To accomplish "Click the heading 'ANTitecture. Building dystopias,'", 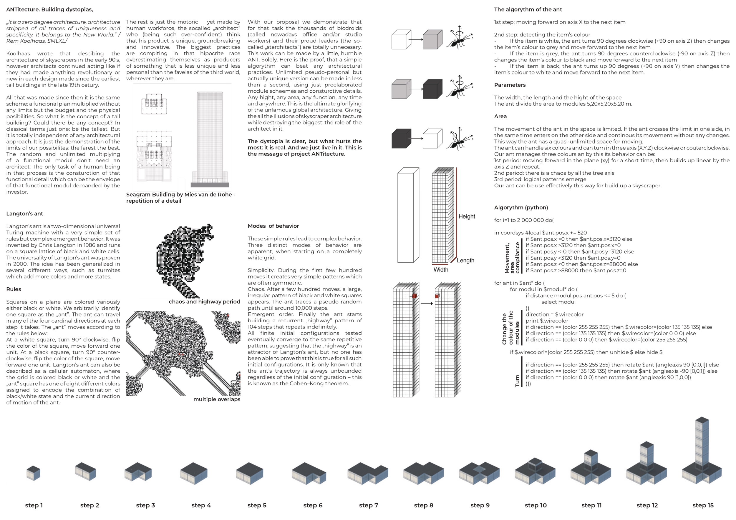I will [x=50, y=10].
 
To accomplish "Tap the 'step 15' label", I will [x=703, y=505].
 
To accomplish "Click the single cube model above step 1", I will [x=33, y=473].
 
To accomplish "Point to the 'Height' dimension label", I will [x=467, y=216].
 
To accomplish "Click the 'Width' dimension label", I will [x=441, y=270].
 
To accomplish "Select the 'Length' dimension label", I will [x=465, y=260].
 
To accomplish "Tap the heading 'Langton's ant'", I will [x=25, y=214].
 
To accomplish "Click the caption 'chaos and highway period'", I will [x=204, y=302].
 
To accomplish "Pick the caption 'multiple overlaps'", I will [x=217, y=399].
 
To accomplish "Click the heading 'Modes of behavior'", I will [x=273, y=226].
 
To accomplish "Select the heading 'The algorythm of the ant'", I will [x=528, y=10].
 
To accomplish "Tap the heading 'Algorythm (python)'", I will [x=521, y=207].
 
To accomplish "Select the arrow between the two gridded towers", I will [x=427, y=304].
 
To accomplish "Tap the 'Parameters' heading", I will [x=510, y=85].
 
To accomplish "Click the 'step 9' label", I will [x=480, y=505].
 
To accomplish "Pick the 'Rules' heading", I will [x=14, y=289].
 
